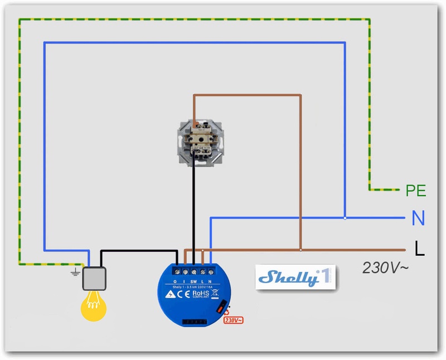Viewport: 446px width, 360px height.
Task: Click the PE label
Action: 416,191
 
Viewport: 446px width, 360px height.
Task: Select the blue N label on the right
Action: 418,218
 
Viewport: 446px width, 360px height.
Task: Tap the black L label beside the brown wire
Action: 419,249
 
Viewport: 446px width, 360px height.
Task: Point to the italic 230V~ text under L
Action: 385,267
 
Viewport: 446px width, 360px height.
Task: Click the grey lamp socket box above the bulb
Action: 95,279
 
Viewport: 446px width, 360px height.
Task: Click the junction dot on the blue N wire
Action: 345,218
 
